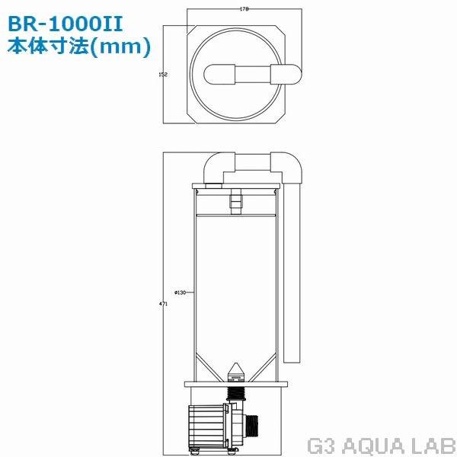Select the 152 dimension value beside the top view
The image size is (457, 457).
[161, 75]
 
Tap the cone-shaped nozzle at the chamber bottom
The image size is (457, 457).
[235, 374]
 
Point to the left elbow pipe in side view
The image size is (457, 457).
[216, 166]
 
